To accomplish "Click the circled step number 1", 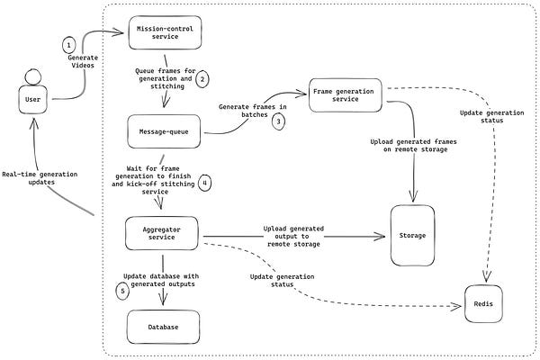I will [68, 45].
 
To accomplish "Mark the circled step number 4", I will [206, 184].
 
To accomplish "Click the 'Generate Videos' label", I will [83, 64].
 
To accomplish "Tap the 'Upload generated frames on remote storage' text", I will [410, 147].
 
